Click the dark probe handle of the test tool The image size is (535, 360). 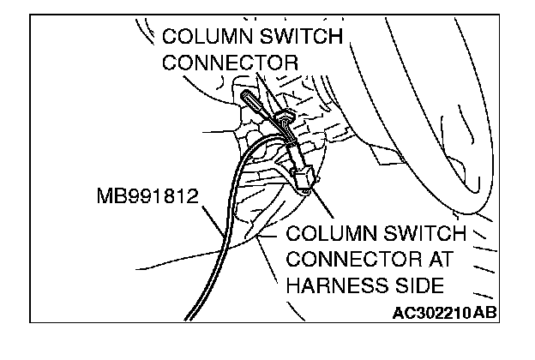point(251,103)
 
